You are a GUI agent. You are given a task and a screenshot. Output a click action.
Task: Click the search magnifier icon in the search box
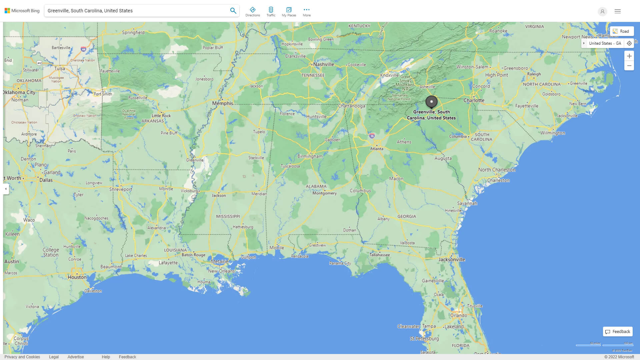pos(233,11)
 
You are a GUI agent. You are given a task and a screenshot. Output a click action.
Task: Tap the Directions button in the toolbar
pos(253,12)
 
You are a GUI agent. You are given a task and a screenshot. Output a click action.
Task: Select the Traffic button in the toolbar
pos(271,12)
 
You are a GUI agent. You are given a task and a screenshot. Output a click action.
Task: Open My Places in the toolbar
pos(289,12)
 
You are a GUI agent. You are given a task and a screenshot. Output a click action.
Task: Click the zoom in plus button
pos(629,56)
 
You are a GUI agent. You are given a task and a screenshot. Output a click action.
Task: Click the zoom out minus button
pos(629,66)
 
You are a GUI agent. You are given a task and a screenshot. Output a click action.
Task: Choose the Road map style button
pos(622,31)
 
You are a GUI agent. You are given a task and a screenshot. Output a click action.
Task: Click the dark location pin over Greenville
pos(431,102)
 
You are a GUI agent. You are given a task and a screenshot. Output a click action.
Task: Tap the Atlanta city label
pos(377,149)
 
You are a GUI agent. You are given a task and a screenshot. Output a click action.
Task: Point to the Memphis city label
pos(223,103)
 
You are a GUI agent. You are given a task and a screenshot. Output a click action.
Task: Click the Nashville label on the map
pos(323,64)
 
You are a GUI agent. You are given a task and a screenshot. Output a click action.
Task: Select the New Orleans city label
pos(221,271)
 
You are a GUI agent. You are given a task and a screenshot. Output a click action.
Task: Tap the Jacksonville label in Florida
pos(452,259)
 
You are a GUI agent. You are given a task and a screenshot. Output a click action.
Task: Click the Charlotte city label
pos(474,100)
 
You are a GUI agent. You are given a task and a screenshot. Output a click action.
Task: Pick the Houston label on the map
pos(77,277)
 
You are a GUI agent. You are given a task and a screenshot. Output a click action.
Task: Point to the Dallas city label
pos(46,180)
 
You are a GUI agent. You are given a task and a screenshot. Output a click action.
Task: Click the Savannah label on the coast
pos(467,203)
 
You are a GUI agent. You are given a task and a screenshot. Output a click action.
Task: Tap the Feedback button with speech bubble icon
pos(618,332)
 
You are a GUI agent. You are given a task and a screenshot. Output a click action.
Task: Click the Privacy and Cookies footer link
pos(22,357)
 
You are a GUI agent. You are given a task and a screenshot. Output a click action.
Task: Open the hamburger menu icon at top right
pos(618,11)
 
